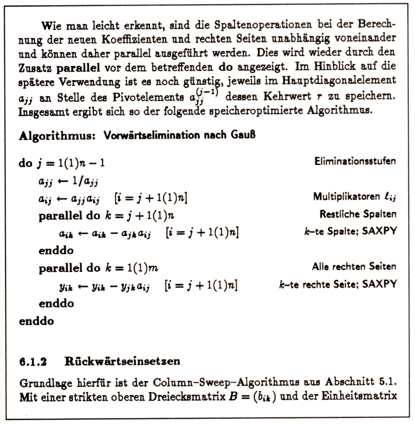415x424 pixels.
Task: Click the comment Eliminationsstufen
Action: [355, 162]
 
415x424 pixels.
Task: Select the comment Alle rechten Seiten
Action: [354, 266]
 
